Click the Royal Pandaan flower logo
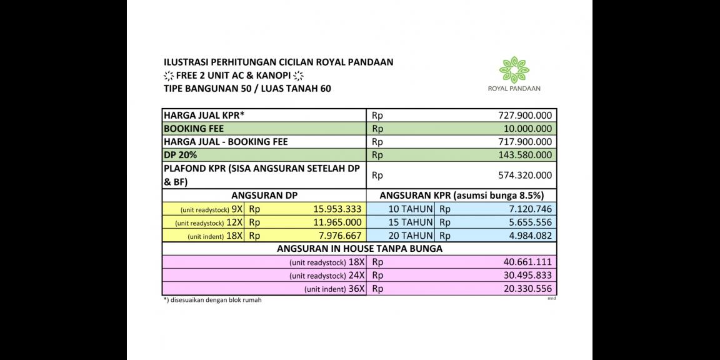(x=514, y=69)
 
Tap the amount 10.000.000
(x=524, y=129)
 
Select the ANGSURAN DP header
(x=264, y=196)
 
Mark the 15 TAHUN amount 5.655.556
(x=525, y=222)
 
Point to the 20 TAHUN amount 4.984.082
(x=525, y=236)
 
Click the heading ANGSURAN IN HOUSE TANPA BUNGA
(x=359, y=249)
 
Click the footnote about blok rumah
(x=212, y=300)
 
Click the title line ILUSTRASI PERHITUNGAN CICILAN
(x=278, y=62)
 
